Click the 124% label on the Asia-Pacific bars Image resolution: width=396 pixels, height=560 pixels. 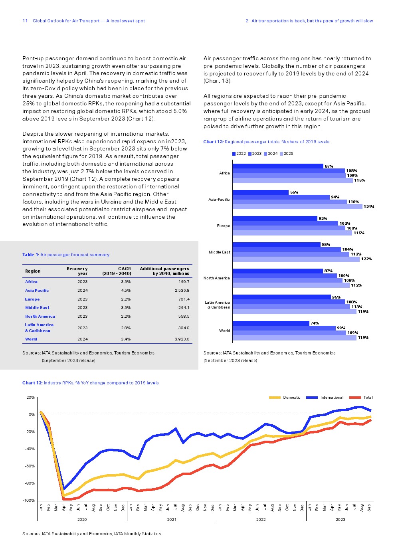[x=369, y=207]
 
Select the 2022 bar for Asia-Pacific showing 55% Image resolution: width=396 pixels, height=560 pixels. [x=260, y=192]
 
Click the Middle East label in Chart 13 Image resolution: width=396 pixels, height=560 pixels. [x=219, y=252]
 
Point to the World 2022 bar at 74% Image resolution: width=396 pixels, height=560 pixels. [x=271, y=323]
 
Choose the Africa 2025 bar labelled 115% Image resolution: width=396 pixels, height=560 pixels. [x=293, y=180]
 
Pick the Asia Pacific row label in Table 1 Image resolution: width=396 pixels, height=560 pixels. [x=37, y=291]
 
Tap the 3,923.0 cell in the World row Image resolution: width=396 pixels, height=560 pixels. [x=182, y=339]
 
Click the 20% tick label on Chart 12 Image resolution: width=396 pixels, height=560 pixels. [x=30, y=398]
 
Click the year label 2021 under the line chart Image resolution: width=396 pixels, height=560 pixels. [x=172, y=519]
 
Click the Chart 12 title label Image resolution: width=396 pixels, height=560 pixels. [x=90, y=383]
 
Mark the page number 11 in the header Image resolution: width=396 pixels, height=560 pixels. [x=25, y=21]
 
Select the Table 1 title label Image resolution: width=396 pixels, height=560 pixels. [x=66, y=255]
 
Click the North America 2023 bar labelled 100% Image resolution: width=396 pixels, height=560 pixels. [x=285, y=276]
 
